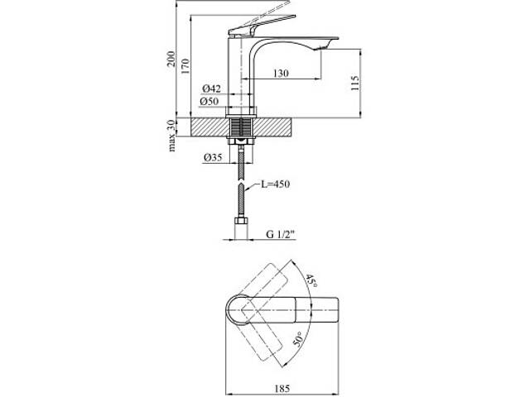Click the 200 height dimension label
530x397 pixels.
pyautogui.click(x=171, y=59)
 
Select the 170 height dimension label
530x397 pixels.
pyautogui.click(x=185, y=66)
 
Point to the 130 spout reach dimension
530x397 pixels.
pyautogui.click(x=281, y=73)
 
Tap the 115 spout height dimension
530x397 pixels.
pyautogui.click(x=354, y=83)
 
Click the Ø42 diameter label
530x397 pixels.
pyautogui.click(x=211, y=88)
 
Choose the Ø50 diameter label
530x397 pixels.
pyautogui.click(x=209, y=101)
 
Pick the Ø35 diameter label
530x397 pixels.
pyautogui.click(x=213, y=158)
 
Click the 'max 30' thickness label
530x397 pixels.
pyautogui.click(x=171, y=136)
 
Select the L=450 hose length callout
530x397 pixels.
pyautogui.click(x=275, y=184)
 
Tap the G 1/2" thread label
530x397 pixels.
pyautogui.click(x=281, y=234)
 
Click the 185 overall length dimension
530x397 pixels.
pyautogui.click(x=282, y=389)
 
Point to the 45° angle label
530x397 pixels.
pyautogui.click(x=311, y=281)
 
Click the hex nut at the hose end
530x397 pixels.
pyautogui.click(x=241, y=221)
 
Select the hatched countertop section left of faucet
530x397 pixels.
pyautogui.click(x=209, y=127)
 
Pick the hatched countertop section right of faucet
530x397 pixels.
pyautogui.click(x=272, y=127)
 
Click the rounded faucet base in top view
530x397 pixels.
pyautogui.click(x=238, y=310)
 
